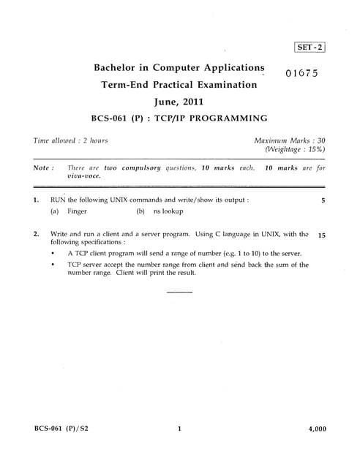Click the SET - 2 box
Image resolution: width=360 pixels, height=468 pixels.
point(310,48)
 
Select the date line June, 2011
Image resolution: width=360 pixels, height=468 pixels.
point(179,102)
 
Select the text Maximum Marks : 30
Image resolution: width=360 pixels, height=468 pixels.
point(290,140)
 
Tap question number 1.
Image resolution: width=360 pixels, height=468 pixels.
point(36,199)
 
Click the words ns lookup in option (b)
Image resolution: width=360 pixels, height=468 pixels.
point(168,212)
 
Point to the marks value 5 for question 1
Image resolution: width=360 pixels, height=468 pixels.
point(323,199)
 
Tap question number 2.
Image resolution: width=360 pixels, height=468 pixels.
point(36,235)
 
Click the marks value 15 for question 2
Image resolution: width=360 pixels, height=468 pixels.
point(322,235)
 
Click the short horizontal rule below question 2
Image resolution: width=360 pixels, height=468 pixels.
point(179,292)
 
